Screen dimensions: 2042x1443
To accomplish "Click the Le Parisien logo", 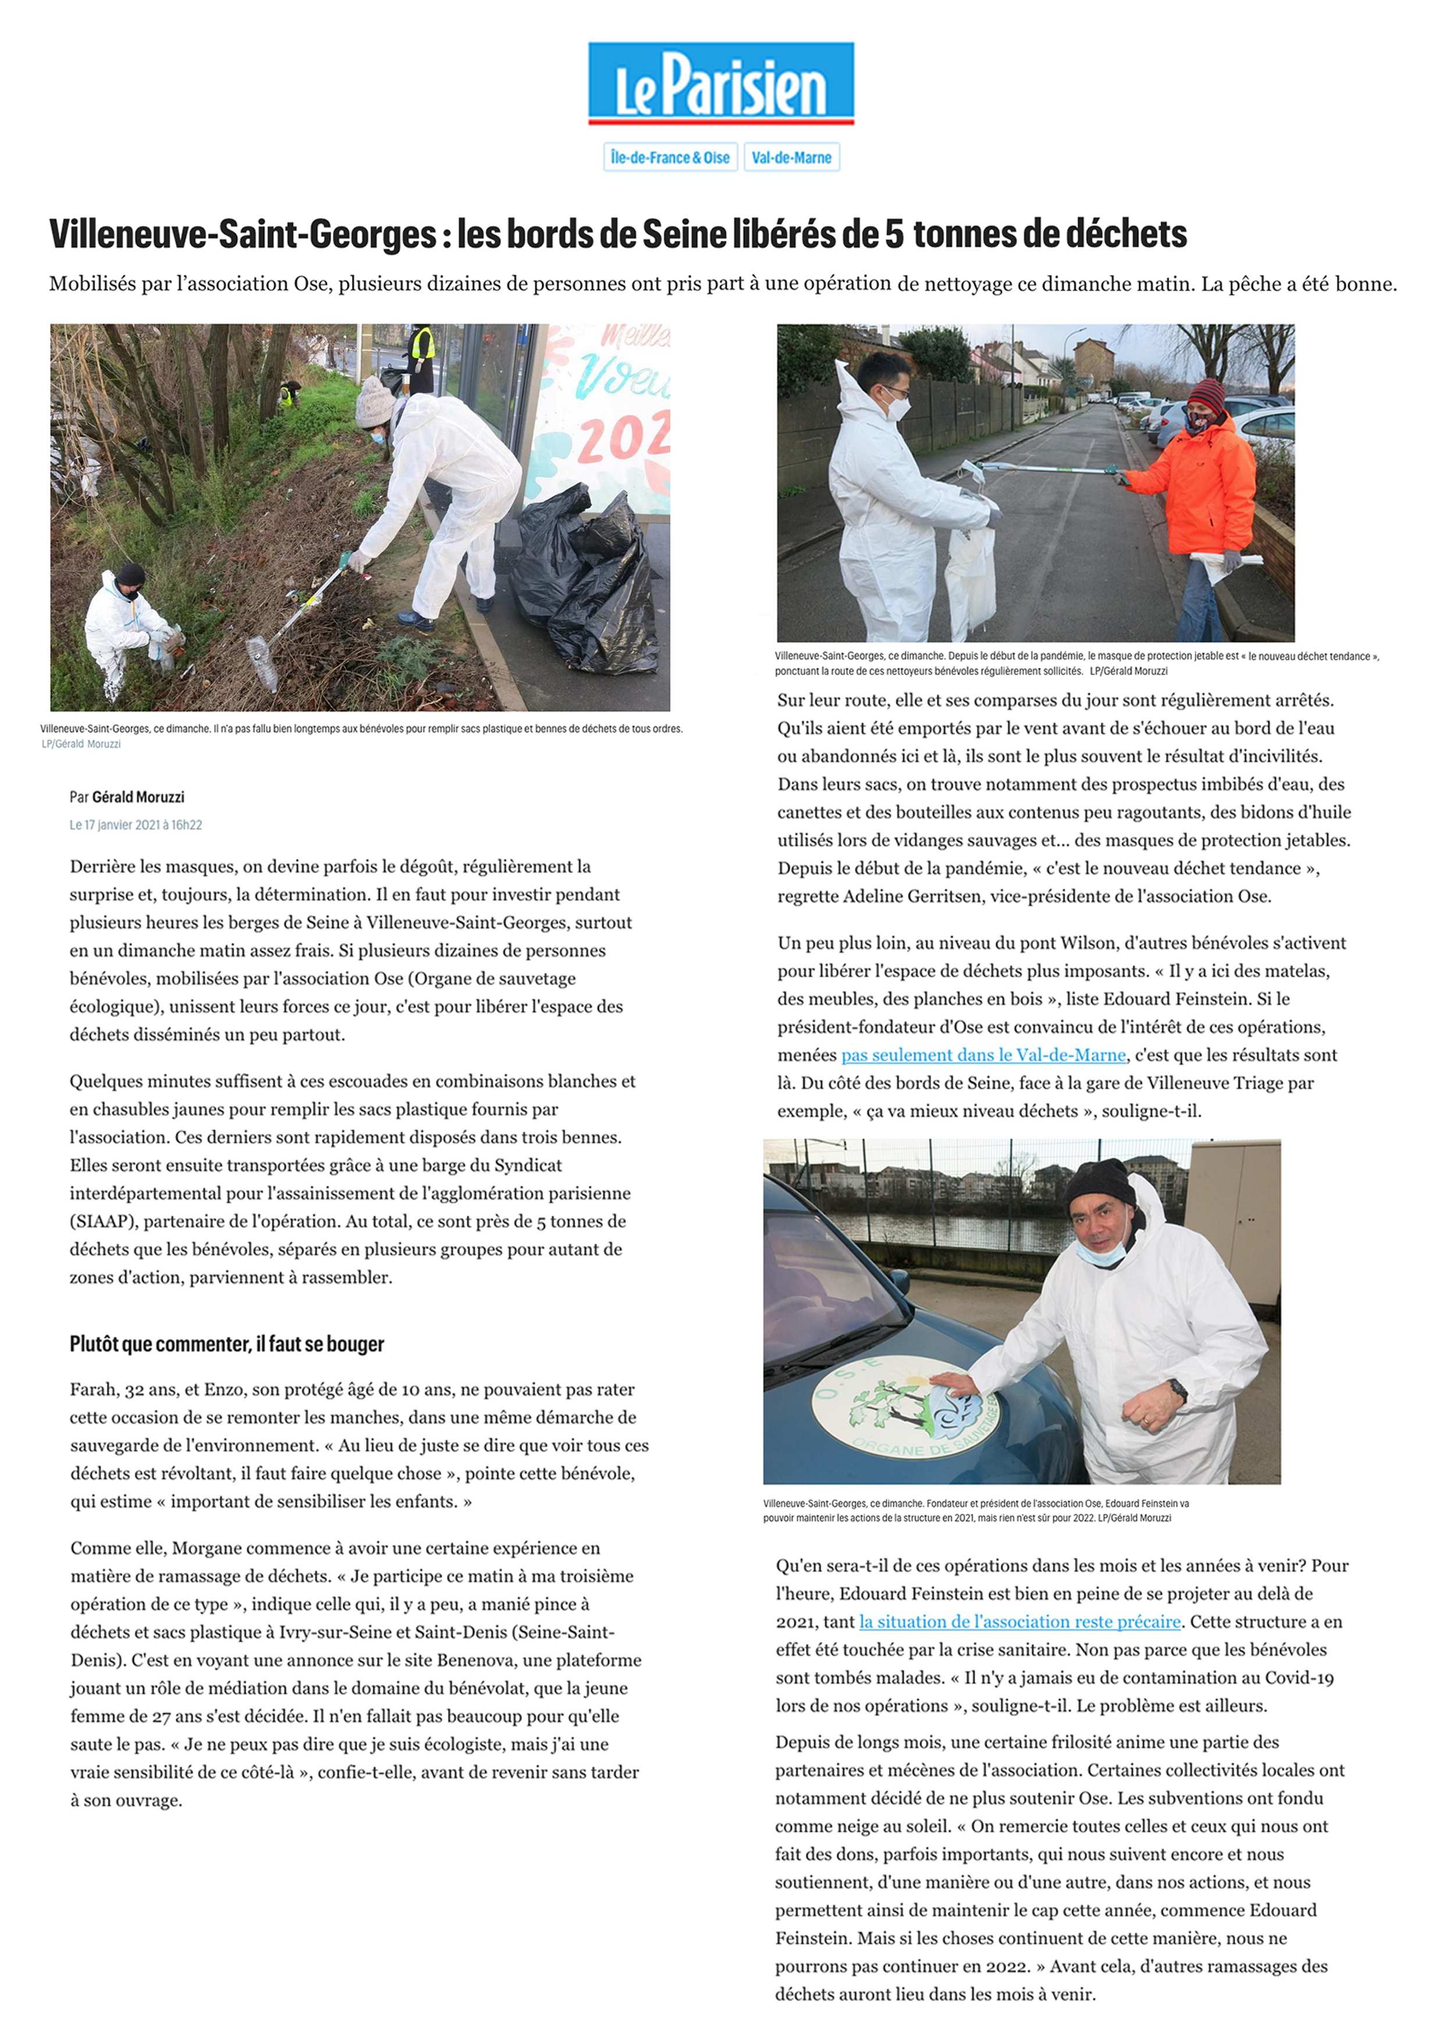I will (720, 83).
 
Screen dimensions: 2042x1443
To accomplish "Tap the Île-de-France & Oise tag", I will (670, 157).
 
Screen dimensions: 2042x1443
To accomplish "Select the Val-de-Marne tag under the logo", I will (791, 157).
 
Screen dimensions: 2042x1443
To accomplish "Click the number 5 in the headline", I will (894, 235).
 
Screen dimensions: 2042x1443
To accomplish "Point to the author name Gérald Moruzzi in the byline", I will (138, 797).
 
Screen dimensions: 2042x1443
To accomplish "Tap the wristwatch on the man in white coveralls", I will (1178, 1390).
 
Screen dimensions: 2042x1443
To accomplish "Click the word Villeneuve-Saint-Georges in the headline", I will (243, 235).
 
